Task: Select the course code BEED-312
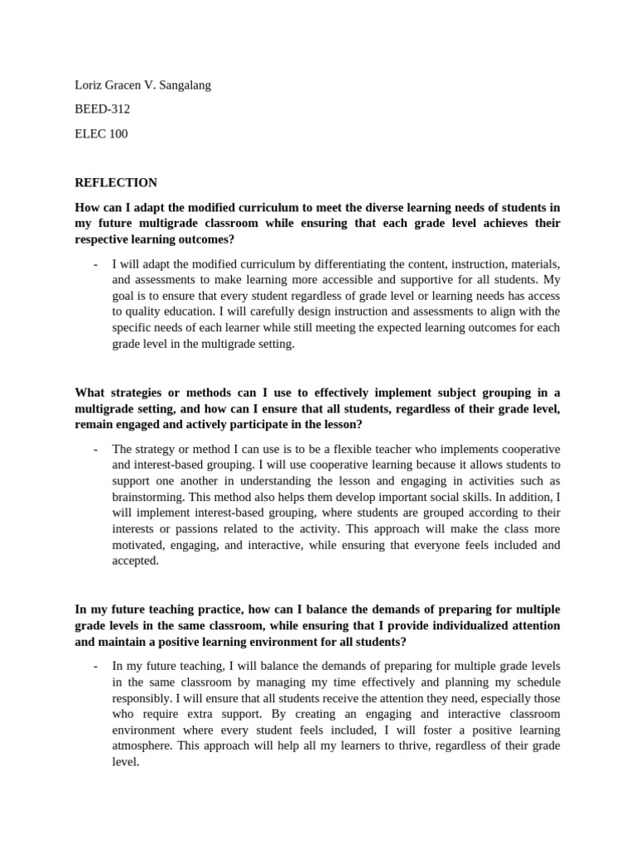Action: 102,109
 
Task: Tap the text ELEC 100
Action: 101,133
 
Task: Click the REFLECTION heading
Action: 116,182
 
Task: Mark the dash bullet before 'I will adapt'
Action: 96,264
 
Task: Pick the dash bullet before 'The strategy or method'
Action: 96,449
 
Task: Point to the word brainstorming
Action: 149,497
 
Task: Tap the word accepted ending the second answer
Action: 134,561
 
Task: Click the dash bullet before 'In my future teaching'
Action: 96,666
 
